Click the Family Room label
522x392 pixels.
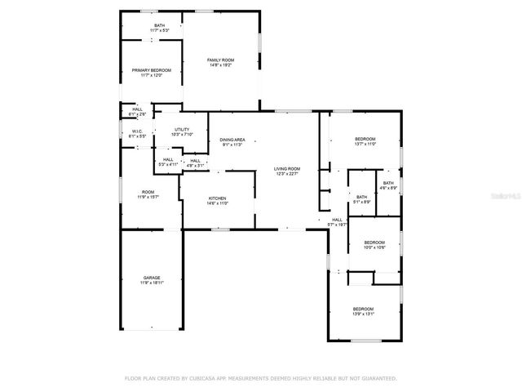click(220, 60)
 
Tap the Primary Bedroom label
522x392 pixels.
click(152, 70)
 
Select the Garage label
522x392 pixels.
click(152, 277)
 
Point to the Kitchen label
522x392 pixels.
click(217, 198)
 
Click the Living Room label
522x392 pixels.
click(287, 168)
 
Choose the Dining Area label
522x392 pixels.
click(233, 140)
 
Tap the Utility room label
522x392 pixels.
click(182, 130)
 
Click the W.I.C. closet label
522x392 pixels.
click(137, 131)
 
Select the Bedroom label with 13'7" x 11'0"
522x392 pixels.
click(365, 139)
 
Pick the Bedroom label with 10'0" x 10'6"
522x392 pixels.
click(374, 242)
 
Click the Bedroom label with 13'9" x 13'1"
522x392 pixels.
click(364, 309)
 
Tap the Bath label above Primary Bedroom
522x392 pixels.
click(160, 25)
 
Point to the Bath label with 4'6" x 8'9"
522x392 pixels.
click(388, 183)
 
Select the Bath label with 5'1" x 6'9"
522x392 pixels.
click(361, 196)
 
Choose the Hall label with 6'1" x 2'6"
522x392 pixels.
click(137, 109)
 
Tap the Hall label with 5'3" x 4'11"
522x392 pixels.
click(168, 159)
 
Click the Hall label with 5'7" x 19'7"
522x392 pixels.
click(337, 220)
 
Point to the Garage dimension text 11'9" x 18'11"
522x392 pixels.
click(152, 283)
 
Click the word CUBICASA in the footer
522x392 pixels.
click(208, 379)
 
